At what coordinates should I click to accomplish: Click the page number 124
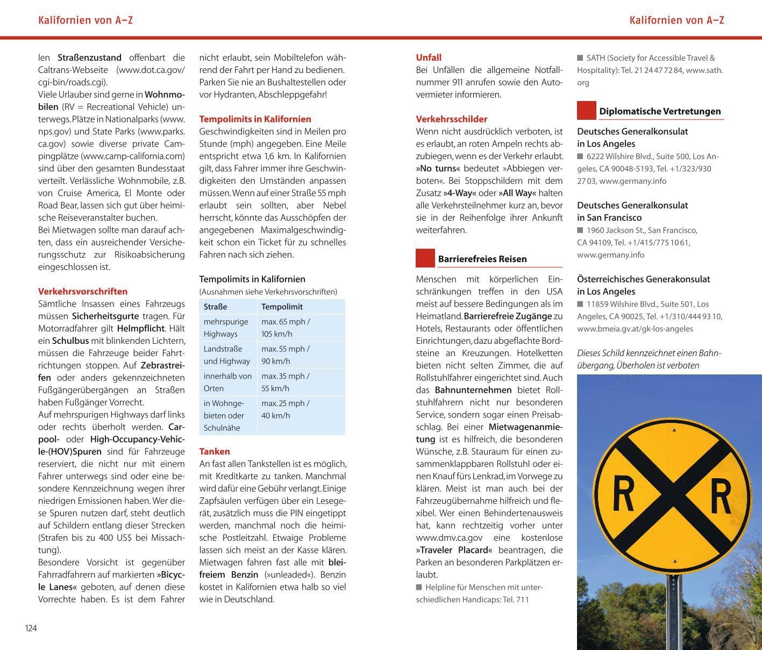pos(31,628)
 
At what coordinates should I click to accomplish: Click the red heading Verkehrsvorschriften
pos(83,291)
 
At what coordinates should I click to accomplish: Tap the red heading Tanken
pos(215,451)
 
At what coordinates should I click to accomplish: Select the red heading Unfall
pos(429,57)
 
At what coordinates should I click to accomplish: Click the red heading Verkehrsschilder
pos(452,119)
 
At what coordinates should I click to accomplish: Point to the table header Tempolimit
pos(282,307)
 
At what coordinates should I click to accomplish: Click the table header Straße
pos(215,307)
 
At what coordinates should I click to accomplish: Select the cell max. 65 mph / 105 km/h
pos(286,328)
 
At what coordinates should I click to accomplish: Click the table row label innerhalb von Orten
pos(227,382)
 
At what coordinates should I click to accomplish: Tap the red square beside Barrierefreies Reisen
pos(425,258)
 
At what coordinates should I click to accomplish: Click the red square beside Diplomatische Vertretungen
pos(587,111)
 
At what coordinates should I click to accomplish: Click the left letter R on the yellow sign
pos(624,494)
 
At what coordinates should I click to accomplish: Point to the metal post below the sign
pos(674,612)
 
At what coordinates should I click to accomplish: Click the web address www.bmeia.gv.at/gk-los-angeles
pos(635,329)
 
